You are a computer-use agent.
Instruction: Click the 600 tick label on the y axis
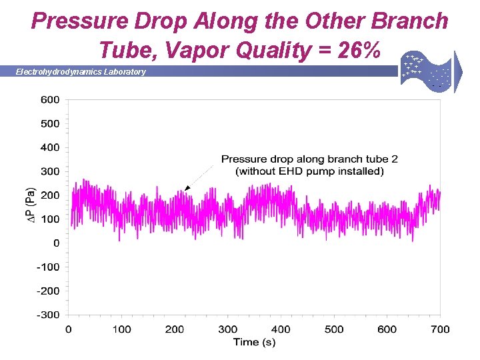pyautogui.click(x=50, y=100)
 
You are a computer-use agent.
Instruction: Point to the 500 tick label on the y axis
pyautogui.click(x=50, y=124)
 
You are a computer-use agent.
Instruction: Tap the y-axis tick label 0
pyautogui.click(x=56, y=243)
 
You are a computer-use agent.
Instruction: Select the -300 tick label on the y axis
pyautogui.click(x=47, y=315)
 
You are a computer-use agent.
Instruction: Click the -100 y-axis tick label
pyautogui.click(x=47, y=267)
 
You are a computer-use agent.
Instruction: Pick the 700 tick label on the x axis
pyautogui.click(x=440, y=329)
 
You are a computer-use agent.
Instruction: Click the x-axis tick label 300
pyautogui.click(x=227, y=329)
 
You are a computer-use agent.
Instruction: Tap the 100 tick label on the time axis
pyautogui.click(x=121, y=329)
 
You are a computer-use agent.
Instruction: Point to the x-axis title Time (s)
pyautogui.click(x=254, y=342)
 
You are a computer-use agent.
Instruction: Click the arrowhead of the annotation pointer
pyautogui.click(x=187, y=189)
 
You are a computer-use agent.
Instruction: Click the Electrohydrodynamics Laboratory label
pyautogui.click(x=81, y=72)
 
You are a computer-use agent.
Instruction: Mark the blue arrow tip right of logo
pyautogui.click(x=460, y=72)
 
